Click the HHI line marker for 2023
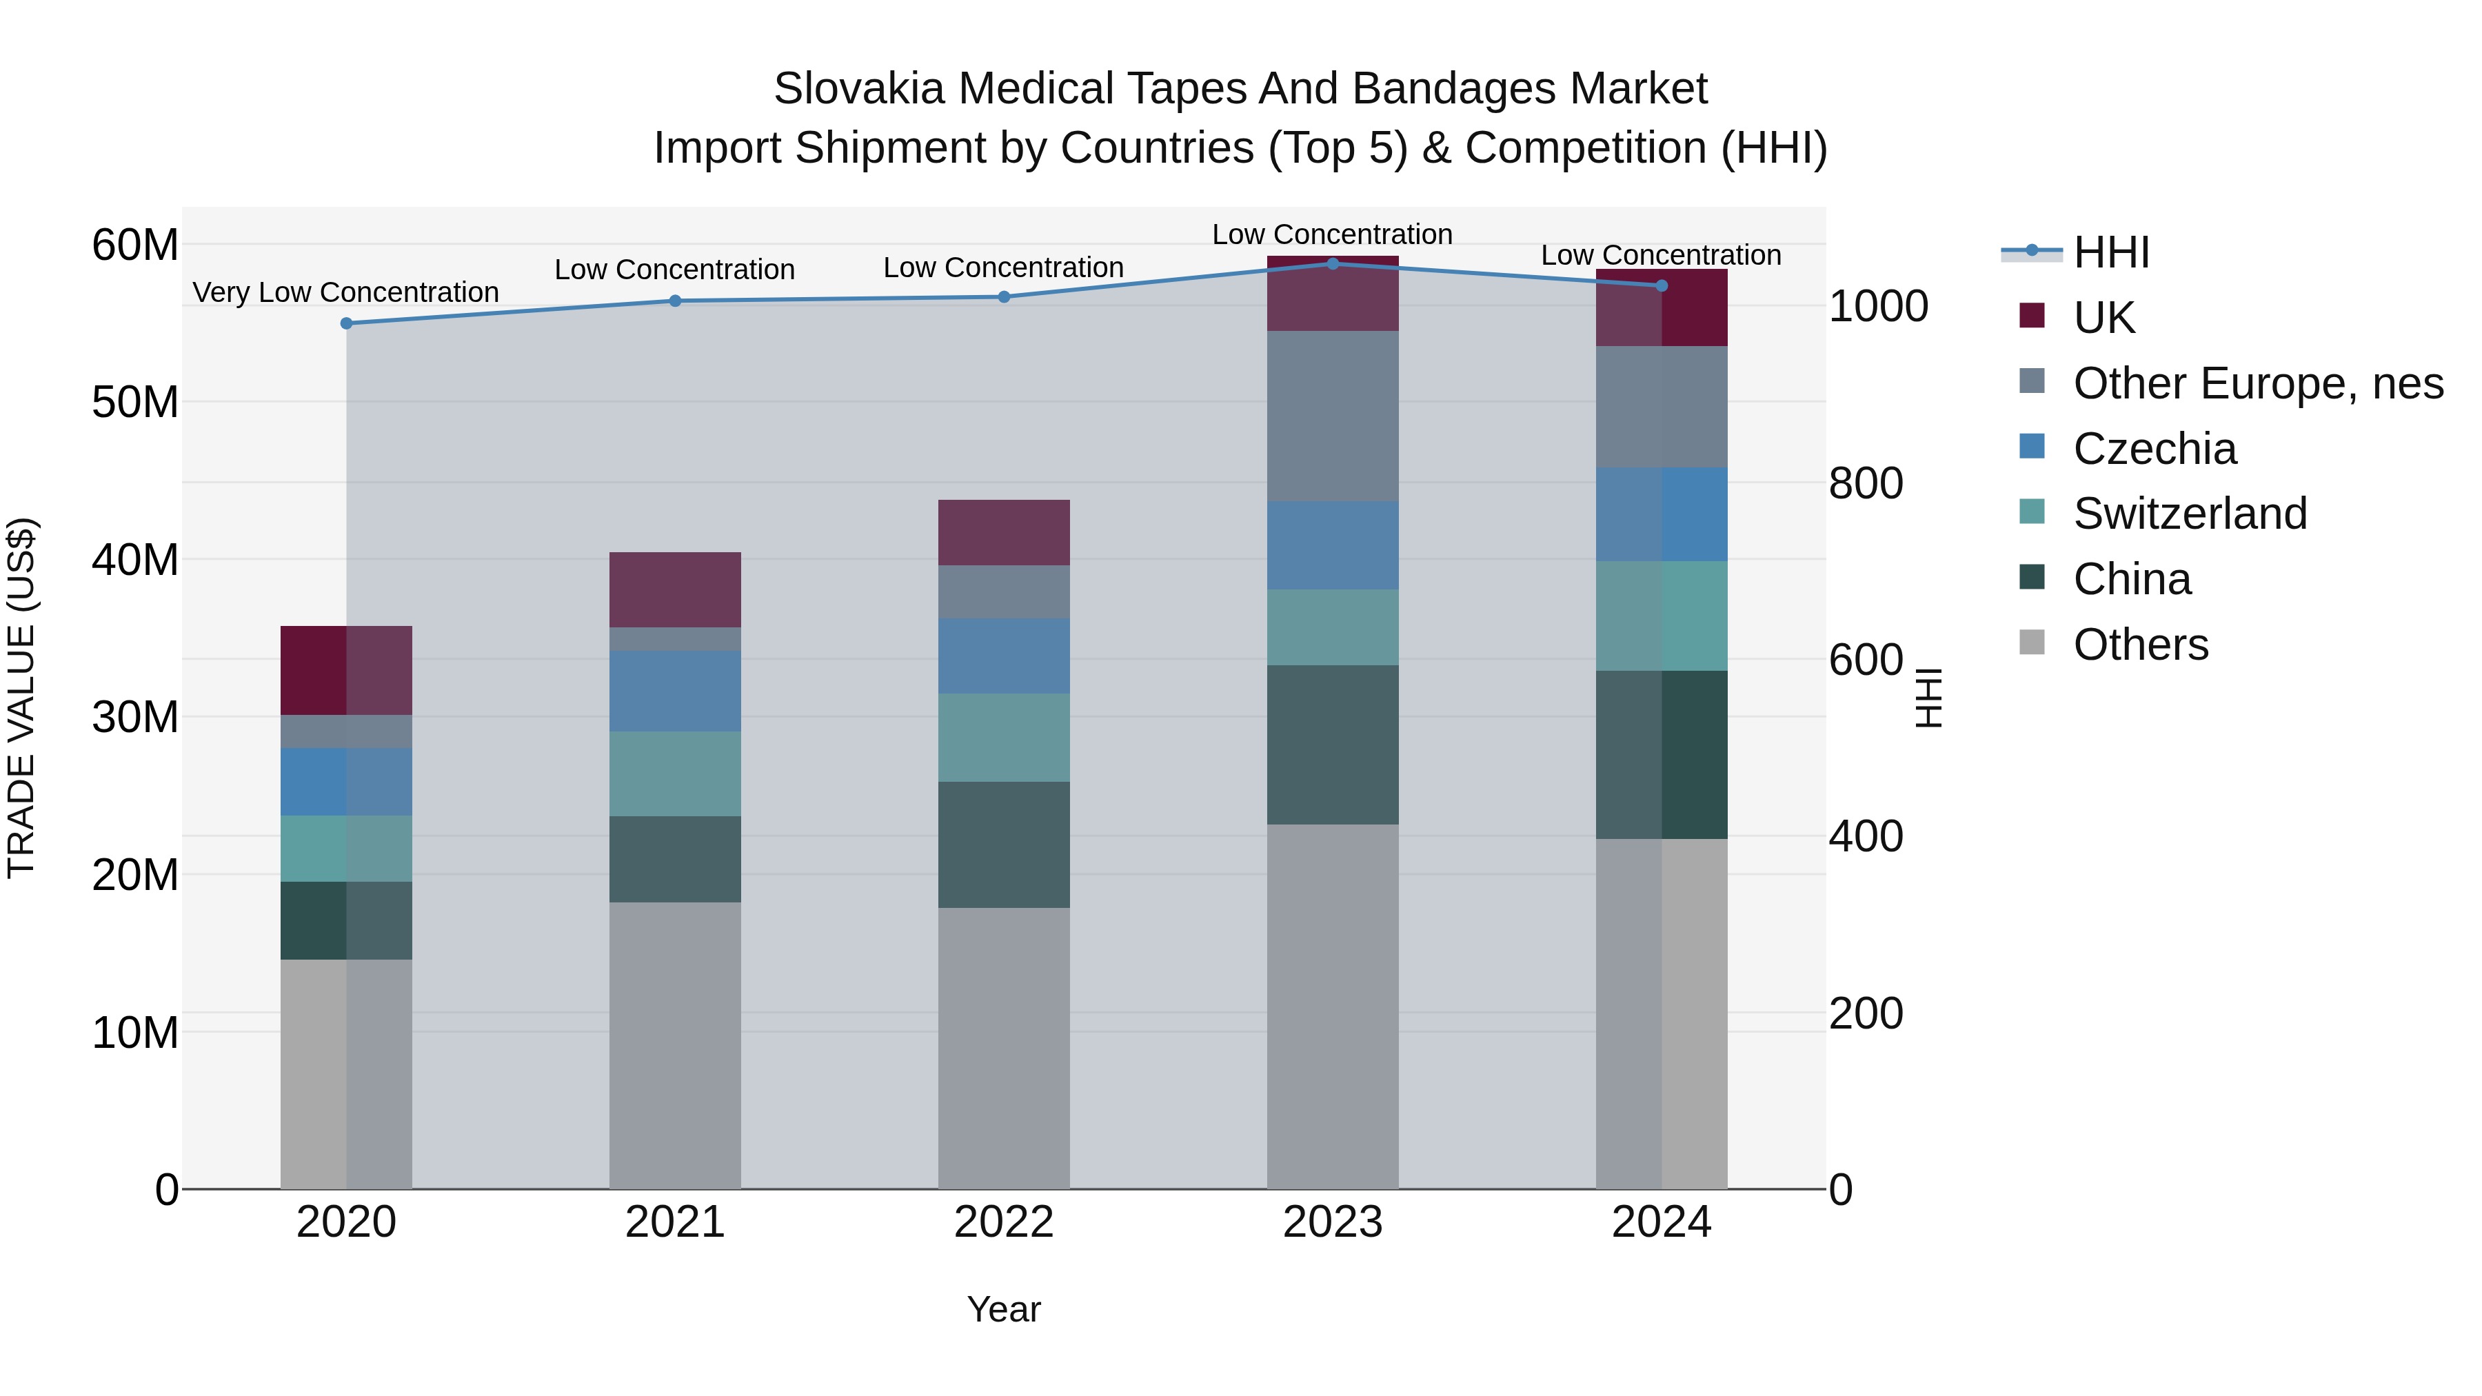1333,264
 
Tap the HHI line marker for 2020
347,324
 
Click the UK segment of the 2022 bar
1004,533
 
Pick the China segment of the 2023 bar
1333,745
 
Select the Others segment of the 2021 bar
674,1045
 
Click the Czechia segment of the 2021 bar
674,691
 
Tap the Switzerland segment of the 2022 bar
1004,737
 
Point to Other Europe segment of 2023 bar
1333,416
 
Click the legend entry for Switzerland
2189,514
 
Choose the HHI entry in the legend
2110,252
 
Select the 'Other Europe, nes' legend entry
2257,383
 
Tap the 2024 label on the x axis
1661,1222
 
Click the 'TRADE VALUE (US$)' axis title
21,698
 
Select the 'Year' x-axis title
1004,1309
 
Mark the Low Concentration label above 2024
1661,255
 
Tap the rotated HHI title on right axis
1928,698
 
